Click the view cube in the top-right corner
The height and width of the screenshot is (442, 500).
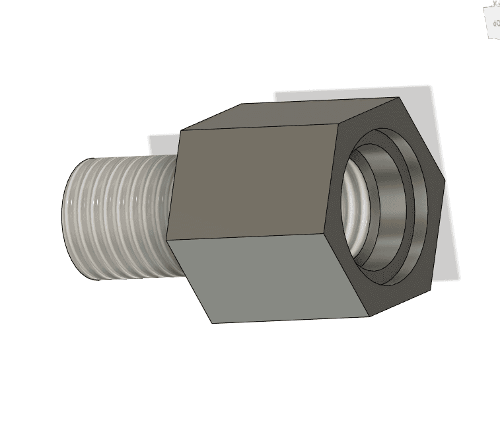[492, 20]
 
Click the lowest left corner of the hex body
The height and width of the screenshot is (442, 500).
[212, 323]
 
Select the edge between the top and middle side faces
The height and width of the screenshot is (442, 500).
[258, 127]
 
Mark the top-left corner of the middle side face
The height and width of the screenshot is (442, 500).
[181, 130]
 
